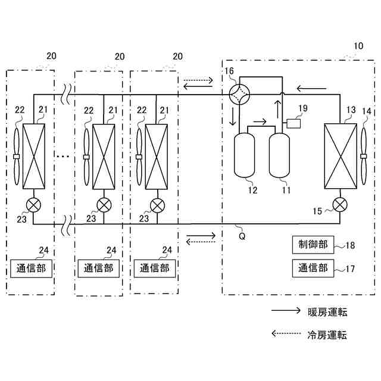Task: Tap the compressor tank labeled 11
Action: pos(280,155)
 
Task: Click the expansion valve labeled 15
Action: pos(340,205)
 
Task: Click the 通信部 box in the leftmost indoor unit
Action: pos(32,268)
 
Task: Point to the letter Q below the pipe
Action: pos(242,235)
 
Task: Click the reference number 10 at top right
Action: pos(358,46)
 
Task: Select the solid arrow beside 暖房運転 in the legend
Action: pos(285,311)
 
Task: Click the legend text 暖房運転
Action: pos(327,312)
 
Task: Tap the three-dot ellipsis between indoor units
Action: pos(63,156)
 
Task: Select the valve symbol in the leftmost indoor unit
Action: pos(33,205)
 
